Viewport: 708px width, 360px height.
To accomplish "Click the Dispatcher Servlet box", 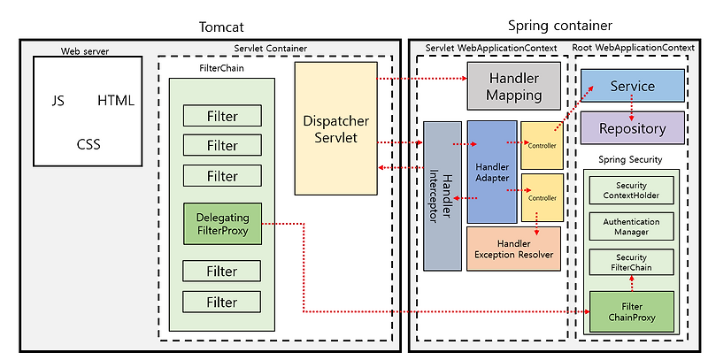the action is tap(336, 128).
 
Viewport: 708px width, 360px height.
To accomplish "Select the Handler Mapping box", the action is tap(514, 86).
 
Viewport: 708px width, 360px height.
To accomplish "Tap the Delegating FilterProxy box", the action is tap(222, 224).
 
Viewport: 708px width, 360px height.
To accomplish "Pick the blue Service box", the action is tap(632, 86).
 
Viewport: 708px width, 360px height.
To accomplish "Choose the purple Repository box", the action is tap(632, 128).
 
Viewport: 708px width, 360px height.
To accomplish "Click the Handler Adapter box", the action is tap(492, 172).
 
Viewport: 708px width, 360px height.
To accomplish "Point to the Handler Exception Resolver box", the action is tap(513, 249).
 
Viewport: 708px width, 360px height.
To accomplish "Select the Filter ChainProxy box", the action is tap(632, 311).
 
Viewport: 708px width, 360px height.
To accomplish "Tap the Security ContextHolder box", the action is tap(631, 190).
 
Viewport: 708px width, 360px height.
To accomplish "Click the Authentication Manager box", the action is tap(631, 226).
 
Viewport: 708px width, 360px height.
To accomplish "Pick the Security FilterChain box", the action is tap(631, 262).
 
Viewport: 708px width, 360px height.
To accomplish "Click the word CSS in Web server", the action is tap(88, 144).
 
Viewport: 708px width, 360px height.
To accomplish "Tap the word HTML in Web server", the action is tap(116, 100).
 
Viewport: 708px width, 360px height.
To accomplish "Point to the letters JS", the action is tap(58, 100).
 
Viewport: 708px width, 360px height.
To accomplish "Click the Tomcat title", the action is tap(221, 27).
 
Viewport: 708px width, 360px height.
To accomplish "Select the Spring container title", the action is tap(560, 26).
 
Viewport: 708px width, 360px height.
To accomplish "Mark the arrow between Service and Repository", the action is tap(632, 107).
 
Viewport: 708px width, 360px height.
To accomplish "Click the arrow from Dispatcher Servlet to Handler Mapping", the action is tap(422, 78).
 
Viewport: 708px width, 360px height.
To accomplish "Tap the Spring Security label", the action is tap(630, 159).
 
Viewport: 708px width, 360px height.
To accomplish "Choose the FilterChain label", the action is tap(221, 69).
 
